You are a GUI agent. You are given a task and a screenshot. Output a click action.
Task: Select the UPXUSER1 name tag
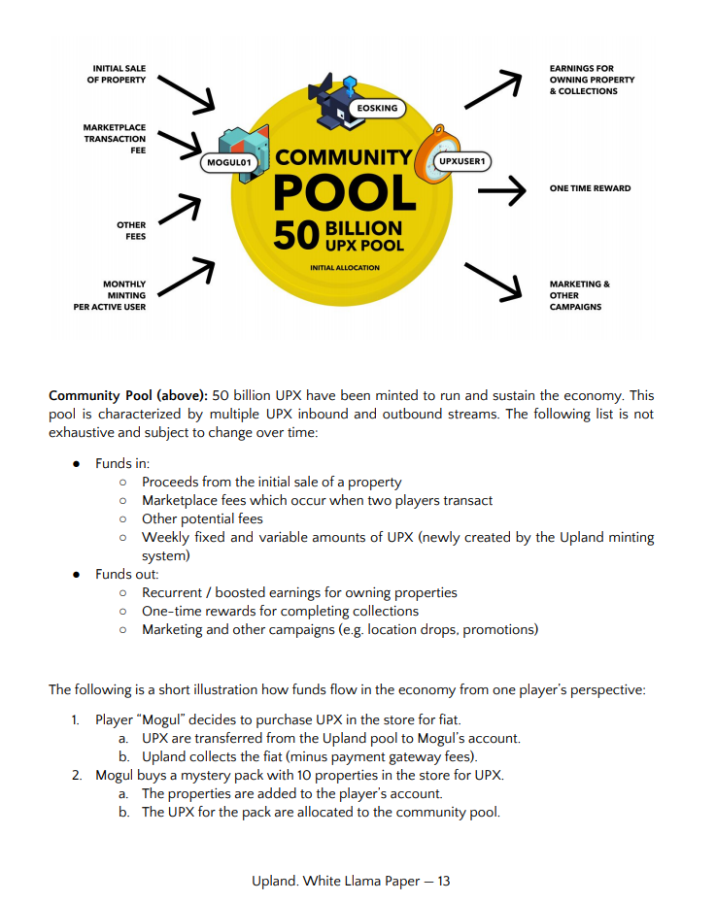click(x=461, y=160)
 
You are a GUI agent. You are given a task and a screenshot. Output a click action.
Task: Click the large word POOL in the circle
click(x=345, y=192)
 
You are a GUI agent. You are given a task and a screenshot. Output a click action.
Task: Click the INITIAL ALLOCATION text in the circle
click(x=345, y=267)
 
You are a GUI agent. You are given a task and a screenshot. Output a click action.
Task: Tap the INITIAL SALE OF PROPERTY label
click(x=119, y=74)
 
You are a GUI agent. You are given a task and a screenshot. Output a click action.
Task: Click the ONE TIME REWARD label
click(x=590, y=188)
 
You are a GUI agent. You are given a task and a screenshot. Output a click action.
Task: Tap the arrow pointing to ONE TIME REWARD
click(x=501, y=191)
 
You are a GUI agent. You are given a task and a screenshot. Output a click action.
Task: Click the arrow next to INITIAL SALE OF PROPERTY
click(x=186, y=91)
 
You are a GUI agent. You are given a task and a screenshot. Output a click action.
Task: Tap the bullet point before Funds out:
click(x=76, y=574)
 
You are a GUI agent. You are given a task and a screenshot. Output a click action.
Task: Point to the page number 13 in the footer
click(x=443, y=881)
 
